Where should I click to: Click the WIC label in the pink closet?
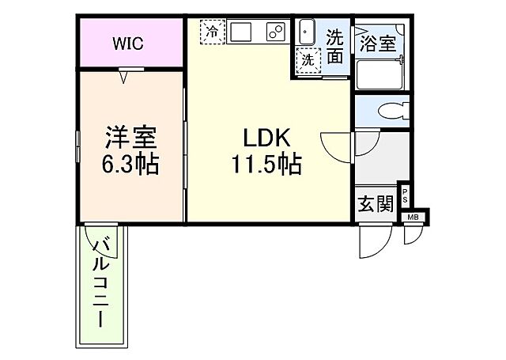(x=127, y=44)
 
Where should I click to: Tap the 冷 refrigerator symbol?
(x=212, y=32)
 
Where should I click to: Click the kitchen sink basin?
(x=242, y=32)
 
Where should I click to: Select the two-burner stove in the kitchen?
(x=274, y=32)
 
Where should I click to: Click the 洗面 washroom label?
(x=335, y=45)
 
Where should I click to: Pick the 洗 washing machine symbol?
(x=306, y=58)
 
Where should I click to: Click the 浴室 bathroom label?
(x=378, y=43)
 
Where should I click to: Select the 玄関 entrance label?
(x=375, y=203)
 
